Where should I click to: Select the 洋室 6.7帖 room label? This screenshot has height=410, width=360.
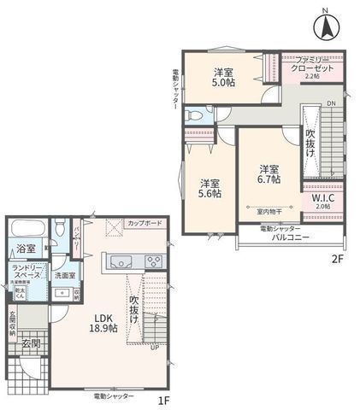pyautogui.click(x=269, y=173)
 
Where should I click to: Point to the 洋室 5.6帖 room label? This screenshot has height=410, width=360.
pyautogui.click(x=210, y=189)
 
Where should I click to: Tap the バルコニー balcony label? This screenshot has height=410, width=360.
pyautogui.click(x=291, y=237)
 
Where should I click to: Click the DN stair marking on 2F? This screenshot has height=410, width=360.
pyautogui.click(x=332, y=104)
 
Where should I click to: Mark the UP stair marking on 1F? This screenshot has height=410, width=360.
pyautogui.click(x=154, y=348)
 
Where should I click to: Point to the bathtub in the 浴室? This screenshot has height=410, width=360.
pyautogui.click(x=25, y=229)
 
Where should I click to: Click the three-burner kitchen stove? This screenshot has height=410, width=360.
pyautogui.click(x=155, y=261)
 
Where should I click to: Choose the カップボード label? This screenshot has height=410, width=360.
pyautogui.click(x=144, y=222)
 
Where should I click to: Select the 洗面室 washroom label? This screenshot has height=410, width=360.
pyautogui.click(x=65, y=276)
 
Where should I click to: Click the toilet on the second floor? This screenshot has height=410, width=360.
pyautogui.click(x=193, y=114)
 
